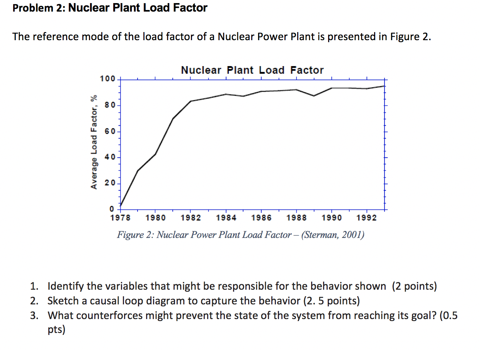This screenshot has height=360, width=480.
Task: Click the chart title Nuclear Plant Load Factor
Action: click(252, 70)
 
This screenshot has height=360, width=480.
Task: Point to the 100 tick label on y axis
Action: click(107, 79)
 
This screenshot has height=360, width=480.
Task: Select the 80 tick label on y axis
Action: click(109, 105)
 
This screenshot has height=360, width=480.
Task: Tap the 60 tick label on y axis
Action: click(109, 132)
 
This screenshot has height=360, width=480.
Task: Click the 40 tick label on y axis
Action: click(109, 158)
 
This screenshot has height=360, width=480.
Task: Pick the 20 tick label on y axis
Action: click(109, 183)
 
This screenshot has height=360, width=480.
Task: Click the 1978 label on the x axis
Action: click(120, 218)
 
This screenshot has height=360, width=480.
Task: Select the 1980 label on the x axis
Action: click(155, 218)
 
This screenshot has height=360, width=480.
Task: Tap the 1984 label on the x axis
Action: click(226, 218)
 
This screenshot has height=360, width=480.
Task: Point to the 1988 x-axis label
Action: click(296, 218)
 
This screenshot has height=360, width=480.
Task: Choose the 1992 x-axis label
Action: click(367, 218)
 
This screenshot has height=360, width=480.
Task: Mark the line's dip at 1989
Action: click(314, 96)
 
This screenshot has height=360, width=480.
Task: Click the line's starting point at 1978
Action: click(121, 205)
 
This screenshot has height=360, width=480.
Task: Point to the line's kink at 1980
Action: click(155, 154)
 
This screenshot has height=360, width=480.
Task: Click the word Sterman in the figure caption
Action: click(320, 235)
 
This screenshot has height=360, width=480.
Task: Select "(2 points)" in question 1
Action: click(414, 286)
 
